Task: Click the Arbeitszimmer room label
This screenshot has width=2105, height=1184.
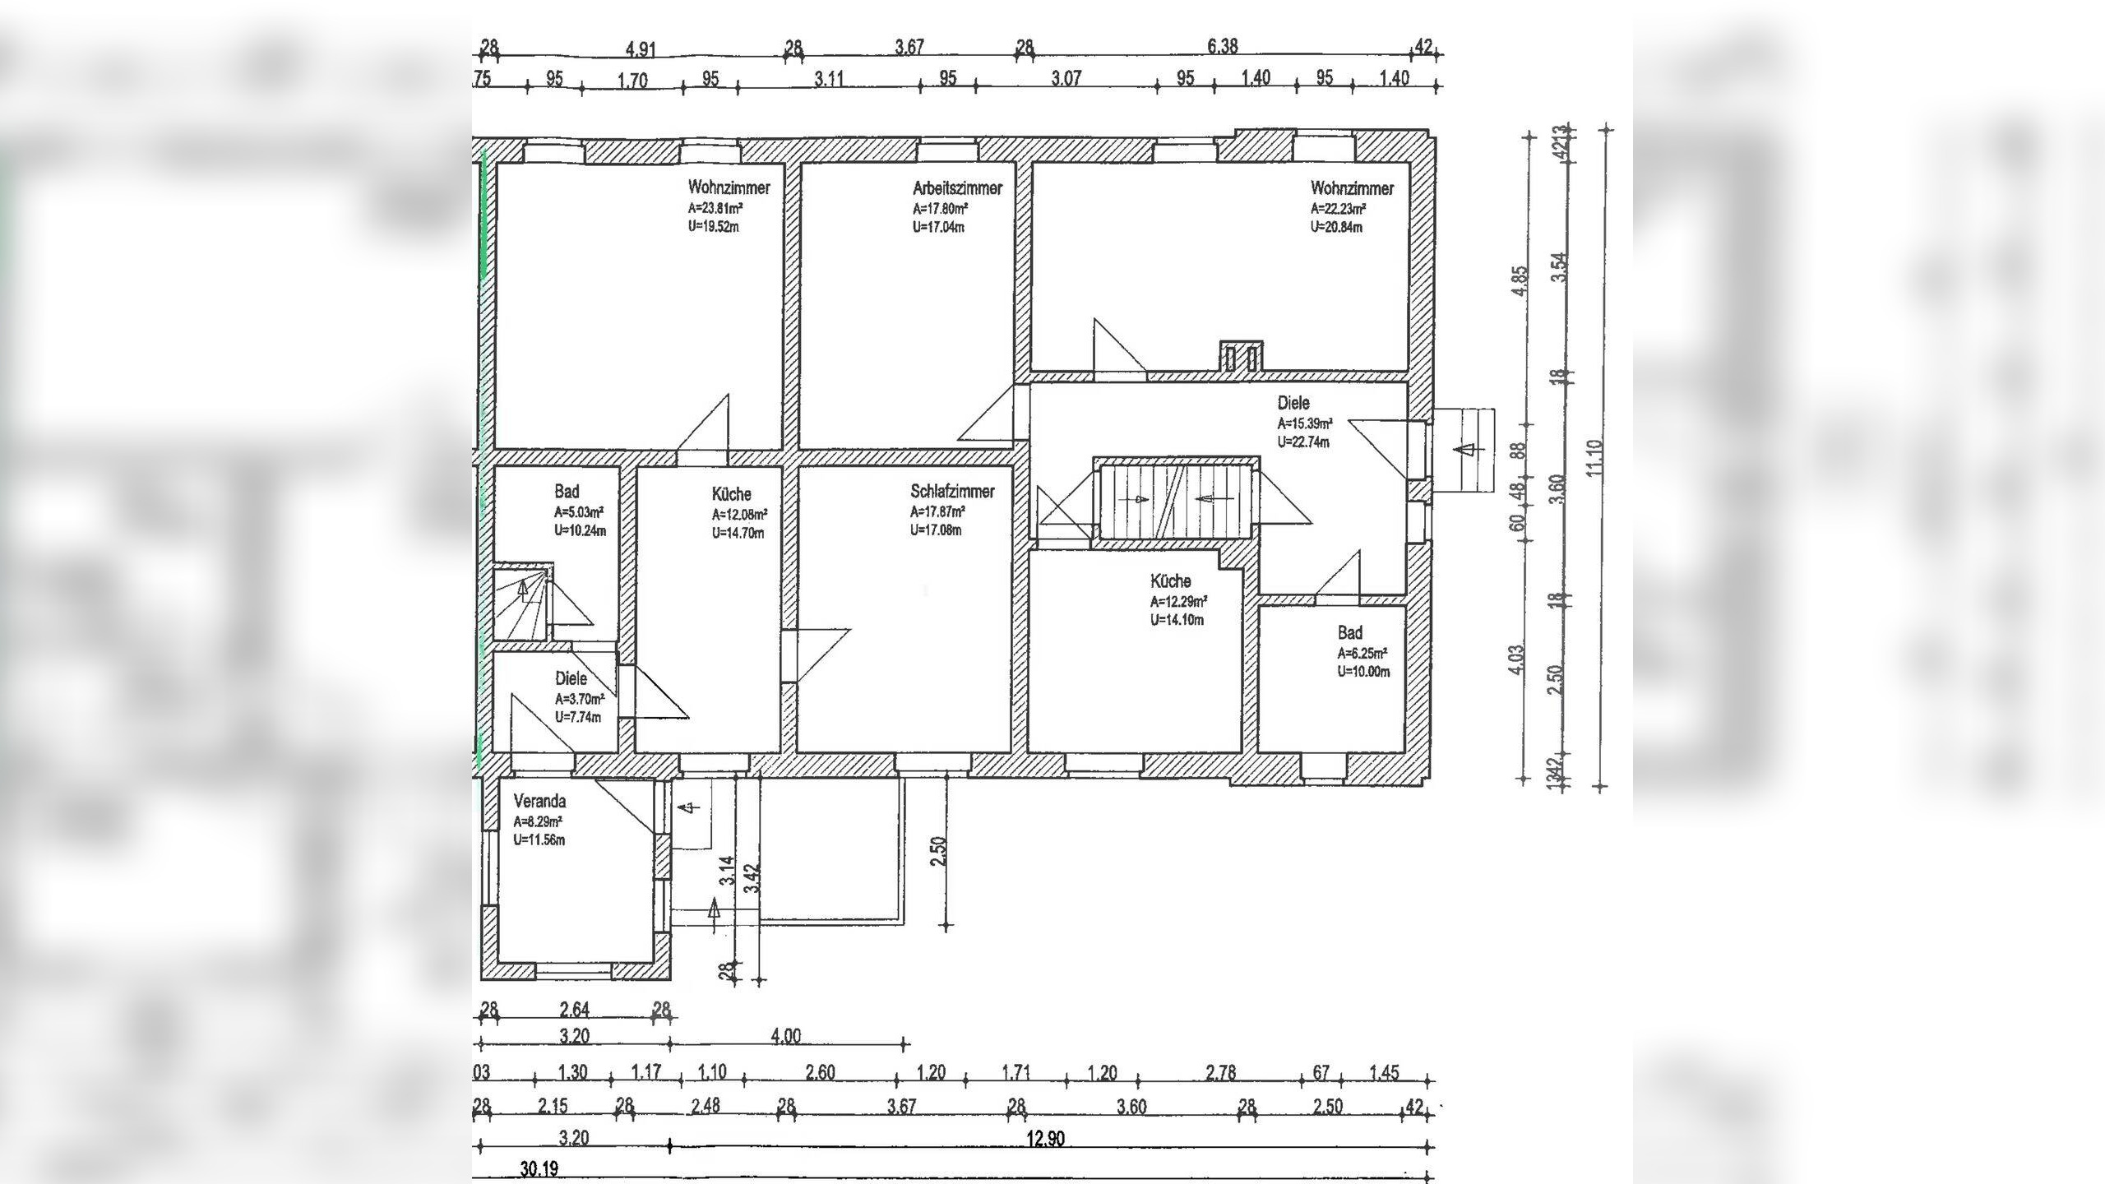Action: tap(957, 188)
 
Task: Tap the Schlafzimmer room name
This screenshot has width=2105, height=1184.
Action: tap(952, 492)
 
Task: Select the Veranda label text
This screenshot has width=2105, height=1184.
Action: tap(539, 801)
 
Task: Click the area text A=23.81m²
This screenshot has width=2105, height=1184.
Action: tap(715, 208)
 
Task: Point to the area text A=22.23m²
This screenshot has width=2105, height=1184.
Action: tap(1338, 209)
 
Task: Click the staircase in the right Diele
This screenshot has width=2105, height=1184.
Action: tap(1176, 500)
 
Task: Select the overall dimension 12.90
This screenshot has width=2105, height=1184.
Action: tap(1045, 1139)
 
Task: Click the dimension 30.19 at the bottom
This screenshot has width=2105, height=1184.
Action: tap(539, 1168)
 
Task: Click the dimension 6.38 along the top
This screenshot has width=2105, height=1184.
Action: tap(1223, 46)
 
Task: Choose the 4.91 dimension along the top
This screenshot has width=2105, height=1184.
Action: tap(641, 49)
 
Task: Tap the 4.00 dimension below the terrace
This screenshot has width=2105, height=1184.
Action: tap(785, 1036)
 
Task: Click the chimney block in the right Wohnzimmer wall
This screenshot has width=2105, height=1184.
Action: tap(1241, 358)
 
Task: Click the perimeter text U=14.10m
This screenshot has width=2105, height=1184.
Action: tap(1177, 620)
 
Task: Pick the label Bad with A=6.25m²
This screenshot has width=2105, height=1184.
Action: tap(1349, 632)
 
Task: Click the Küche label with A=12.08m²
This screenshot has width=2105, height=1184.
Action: tap(731, 494)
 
